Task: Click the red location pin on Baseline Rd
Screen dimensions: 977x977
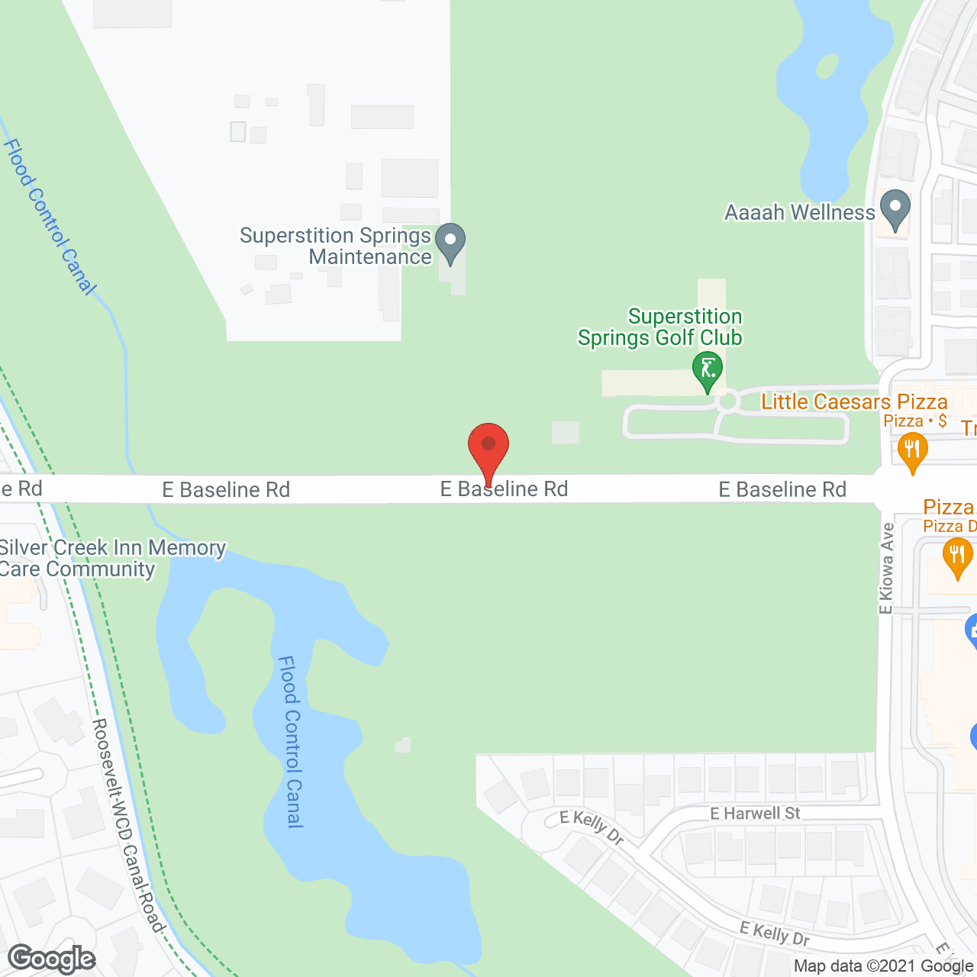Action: click(x=488, y=446)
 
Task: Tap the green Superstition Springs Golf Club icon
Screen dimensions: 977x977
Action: click(x=708, y=369)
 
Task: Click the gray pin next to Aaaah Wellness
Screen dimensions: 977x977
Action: click(x=895, y=208)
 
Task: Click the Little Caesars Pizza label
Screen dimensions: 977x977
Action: click(x=854, y=401)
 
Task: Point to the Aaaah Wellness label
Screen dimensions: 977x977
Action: click(x=799, y=212)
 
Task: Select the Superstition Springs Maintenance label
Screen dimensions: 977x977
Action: click(x=336, y=246)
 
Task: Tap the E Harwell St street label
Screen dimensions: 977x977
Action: click(x=755, y=814)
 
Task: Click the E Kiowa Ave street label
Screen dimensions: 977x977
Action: click(x=886, y=568)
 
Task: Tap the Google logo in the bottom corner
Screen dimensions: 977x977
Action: click(x=52, y=959)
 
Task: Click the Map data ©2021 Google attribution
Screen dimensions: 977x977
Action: click(x=884, y=966)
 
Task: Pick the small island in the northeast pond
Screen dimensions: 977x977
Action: click(x=827, y=66)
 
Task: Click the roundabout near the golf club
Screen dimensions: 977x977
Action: click(x=727, y=400)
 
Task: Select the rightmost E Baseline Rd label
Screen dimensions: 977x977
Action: click(x=782, y=489)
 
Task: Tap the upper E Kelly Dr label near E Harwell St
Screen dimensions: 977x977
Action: click(x=592, y=827)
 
